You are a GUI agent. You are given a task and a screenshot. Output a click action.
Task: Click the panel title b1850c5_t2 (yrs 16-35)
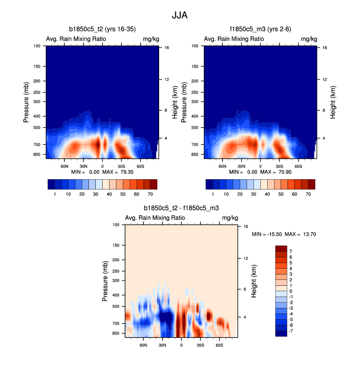[x=102, y=29]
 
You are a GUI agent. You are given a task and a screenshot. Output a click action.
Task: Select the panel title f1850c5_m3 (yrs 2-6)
[x=260, y=29]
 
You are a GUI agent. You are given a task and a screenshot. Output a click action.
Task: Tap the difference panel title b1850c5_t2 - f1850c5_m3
[x=181, y=208]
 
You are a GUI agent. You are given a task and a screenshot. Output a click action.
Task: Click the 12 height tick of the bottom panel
[x=245, y=258]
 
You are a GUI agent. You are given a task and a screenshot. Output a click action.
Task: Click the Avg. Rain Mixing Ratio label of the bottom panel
[x=155, y=218]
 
